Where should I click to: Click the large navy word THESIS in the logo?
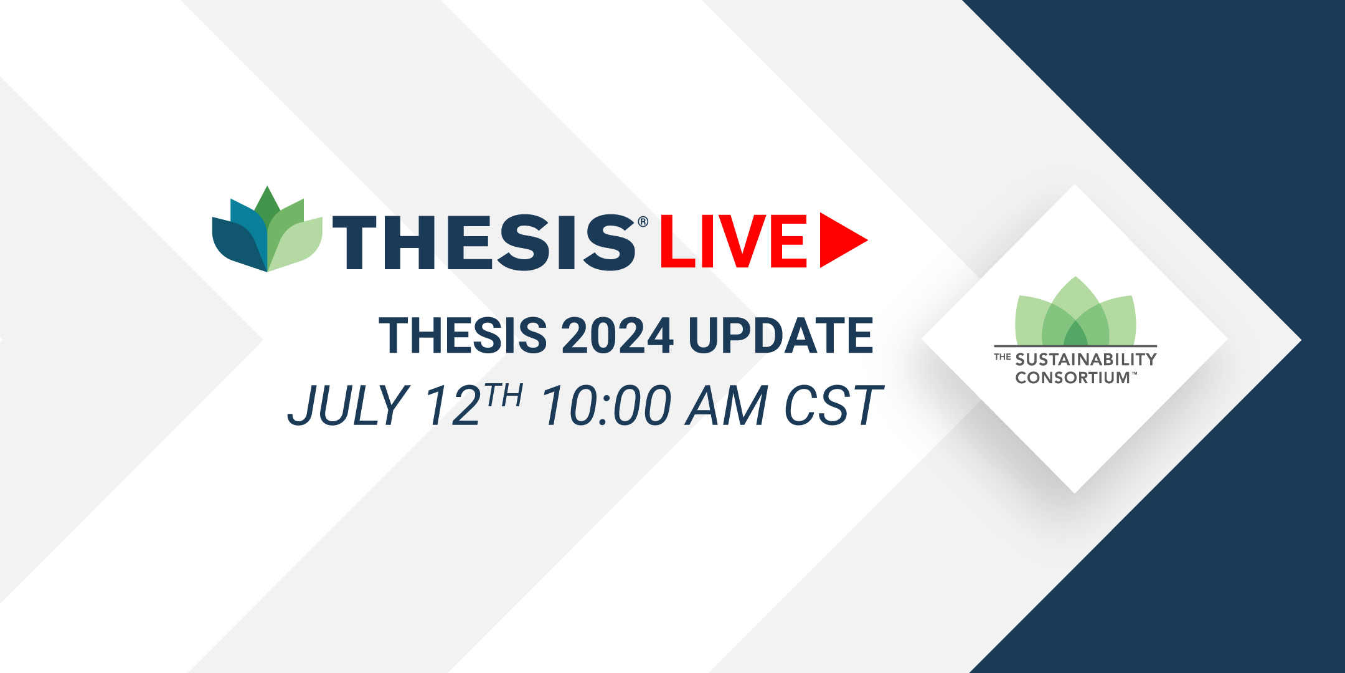pos(484,242)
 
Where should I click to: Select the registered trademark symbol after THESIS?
pos(643,222)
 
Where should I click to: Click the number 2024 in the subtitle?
pos(618,335)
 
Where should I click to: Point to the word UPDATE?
pos(781,335)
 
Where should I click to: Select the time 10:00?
pos(606,405)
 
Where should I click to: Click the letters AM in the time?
pos(727,405)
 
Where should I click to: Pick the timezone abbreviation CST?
pos(834,405)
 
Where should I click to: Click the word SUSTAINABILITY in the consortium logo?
pos(1086,360)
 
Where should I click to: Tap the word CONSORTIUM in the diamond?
pos(1073,378)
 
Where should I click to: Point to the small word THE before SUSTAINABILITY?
pos(1003,357)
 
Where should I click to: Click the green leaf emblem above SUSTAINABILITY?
pos(1075,311)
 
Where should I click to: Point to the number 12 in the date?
pos(453,405)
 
